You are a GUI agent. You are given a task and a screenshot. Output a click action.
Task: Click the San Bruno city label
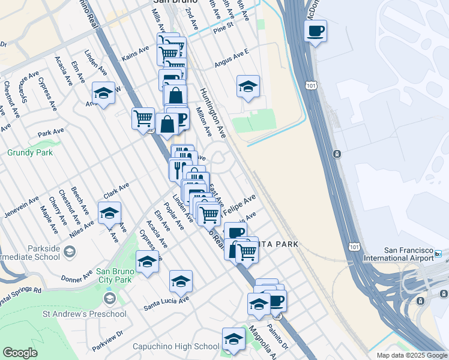coord(169,3)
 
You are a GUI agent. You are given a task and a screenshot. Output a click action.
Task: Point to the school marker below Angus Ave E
coord(248,87)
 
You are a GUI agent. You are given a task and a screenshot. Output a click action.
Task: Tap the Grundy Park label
coord(30,152)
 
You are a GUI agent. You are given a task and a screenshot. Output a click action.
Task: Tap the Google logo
coord(20,353)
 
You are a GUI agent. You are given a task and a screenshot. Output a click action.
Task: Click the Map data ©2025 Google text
coord(412,355)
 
